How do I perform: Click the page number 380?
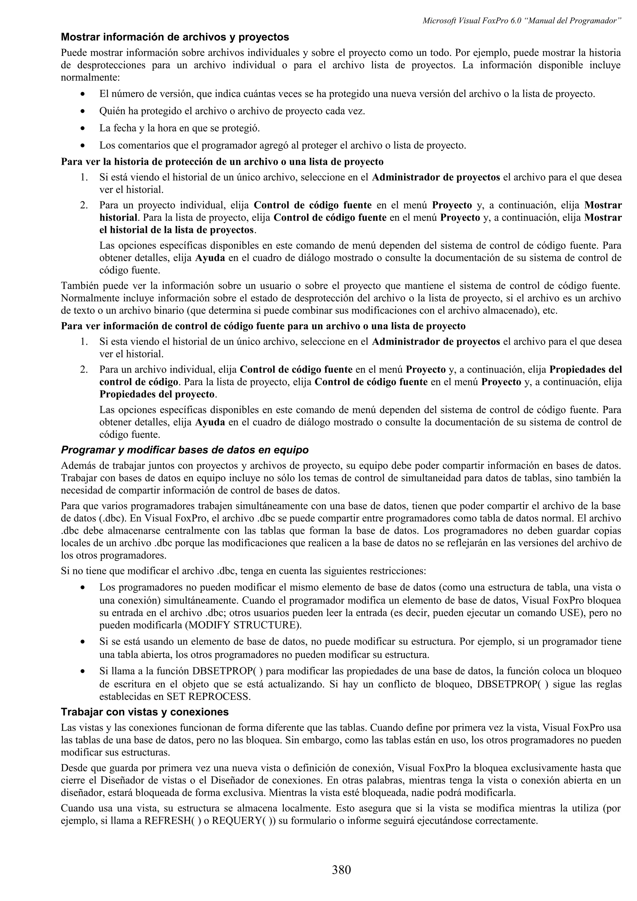341,870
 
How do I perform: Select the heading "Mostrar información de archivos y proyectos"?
175,37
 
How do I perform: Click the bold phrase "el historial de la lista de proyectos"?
176,229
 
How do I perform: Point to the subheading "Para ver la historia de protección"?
222,162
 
